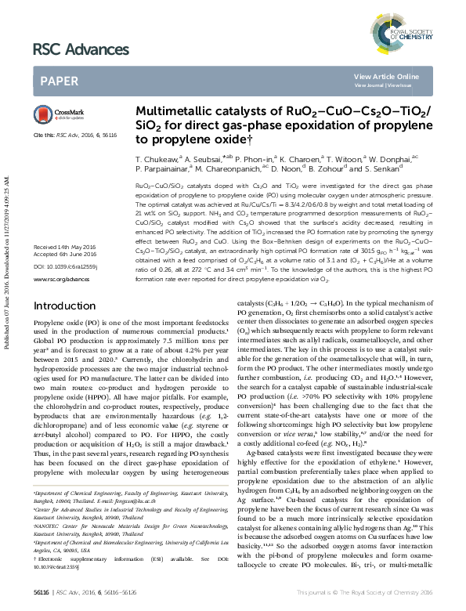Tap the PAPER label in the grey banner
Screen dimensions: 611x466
pyautogui.click(x=58, y=80)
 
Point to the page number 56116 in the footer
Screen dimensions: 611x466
pyautogui.click(x=42, y=597)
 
